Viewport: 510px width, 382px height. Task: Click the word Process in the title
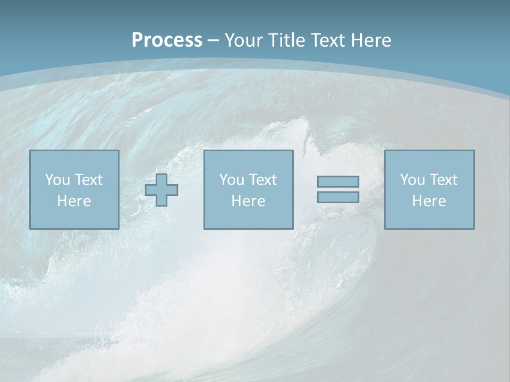pos(167,40)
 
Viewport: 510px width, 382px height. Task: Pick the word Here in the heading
pos(372,40)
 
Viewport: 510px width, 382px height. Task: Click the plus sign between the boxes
pos(161,190)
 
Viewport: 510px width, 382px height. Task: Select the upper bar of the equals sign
pos(338,181)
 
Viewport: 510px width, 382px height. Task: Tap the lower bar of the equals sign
pos(338,197)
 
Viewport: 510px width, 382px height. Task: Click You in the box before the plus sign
pos(57,180)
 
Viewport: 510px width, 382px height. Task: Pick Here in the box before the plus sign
pos(74,201)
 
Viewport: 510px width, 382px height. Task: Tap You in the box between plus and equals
pos(232,180)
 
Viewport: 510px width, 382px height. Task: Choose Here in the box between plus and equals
pos(248,201)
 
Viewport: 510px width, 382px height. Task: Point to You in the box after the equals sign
pos(412,180)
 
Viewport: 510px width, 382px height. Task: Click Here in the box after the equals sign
pos(429,201)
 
